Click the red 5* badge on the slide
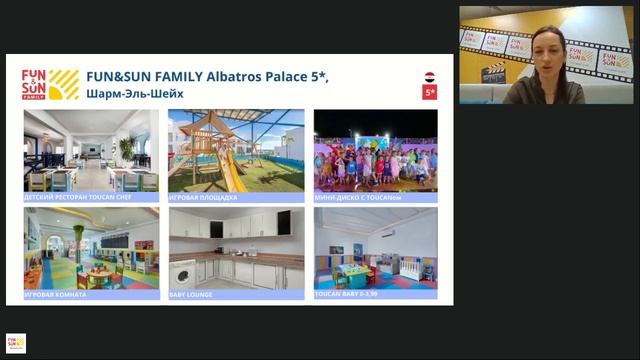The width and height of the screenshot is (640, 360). [x=430, y=93]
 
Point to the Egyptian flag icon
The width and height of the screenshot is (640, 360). [x=430, y=76]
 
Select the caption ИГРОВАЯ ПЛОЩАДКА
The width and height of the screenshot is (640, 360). [x=204, y=198]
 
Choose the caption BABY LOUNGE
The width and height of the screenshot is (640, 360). [x=192, y=294]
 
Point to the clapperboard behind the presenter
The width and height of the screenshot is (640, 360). [x=494, y=72]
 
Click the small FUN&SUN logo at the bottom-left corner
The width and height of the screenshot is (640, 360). [x=15, y=343]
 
